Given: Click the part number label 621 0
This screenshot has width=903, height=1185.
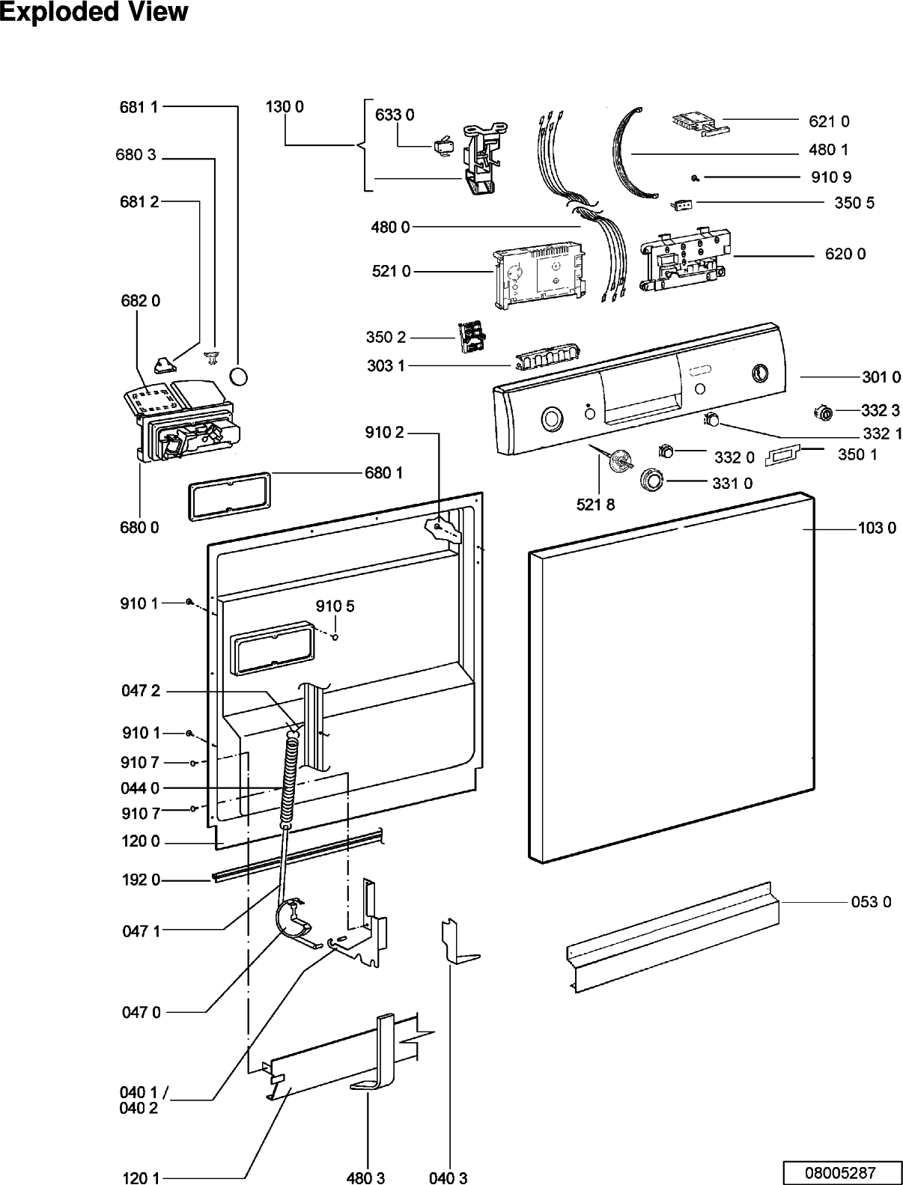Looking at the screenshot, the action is coord(829,121).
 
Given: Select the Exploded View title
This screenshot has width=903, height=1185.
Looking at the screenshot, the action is coord(94,12).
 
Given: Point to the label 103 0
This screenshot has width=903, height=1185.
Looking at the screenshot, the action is coord(877,528).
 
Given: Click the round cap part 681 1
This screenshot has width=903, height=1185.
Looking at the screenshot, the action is coord(239,376).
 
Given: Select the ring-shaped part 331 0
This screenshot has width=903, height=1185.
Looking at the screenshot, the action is coord(651,479).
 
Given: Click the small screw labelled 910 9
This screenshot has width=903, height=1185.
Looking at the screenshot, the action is coord(695,177).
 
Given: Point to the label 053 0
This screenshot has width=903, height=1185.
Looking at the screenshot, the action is coord(871,901).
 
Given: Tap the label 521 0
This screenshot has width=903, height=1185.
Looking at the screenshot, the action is coord(392,271).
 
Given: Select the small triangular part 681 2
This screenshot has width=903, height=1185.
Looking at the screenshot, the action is coord(165,365).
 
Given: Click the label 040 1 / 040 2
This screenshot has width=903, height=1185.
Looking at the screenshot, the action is coord(144,1100).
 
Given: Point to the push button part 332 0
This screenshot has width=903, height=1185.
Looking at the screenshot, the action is coord(667,450).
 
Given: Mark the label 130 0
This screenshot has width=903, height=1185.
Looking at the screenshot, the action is coord(285,107).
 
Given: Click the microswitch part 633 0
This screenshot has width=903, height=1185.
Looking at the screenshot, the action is coord(444,146).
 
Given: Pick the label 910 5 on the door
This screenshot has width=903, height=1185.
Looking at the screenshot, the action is coord(335,606).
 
